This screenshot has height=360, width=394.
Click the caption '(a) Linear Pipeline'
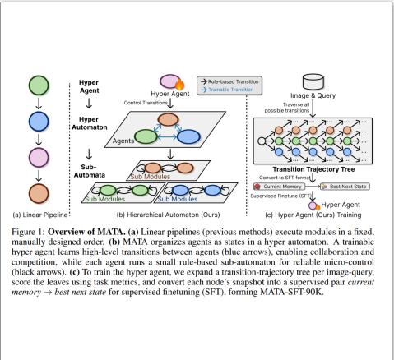39,215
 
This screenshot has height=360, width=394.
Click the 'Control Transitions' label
146,102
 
